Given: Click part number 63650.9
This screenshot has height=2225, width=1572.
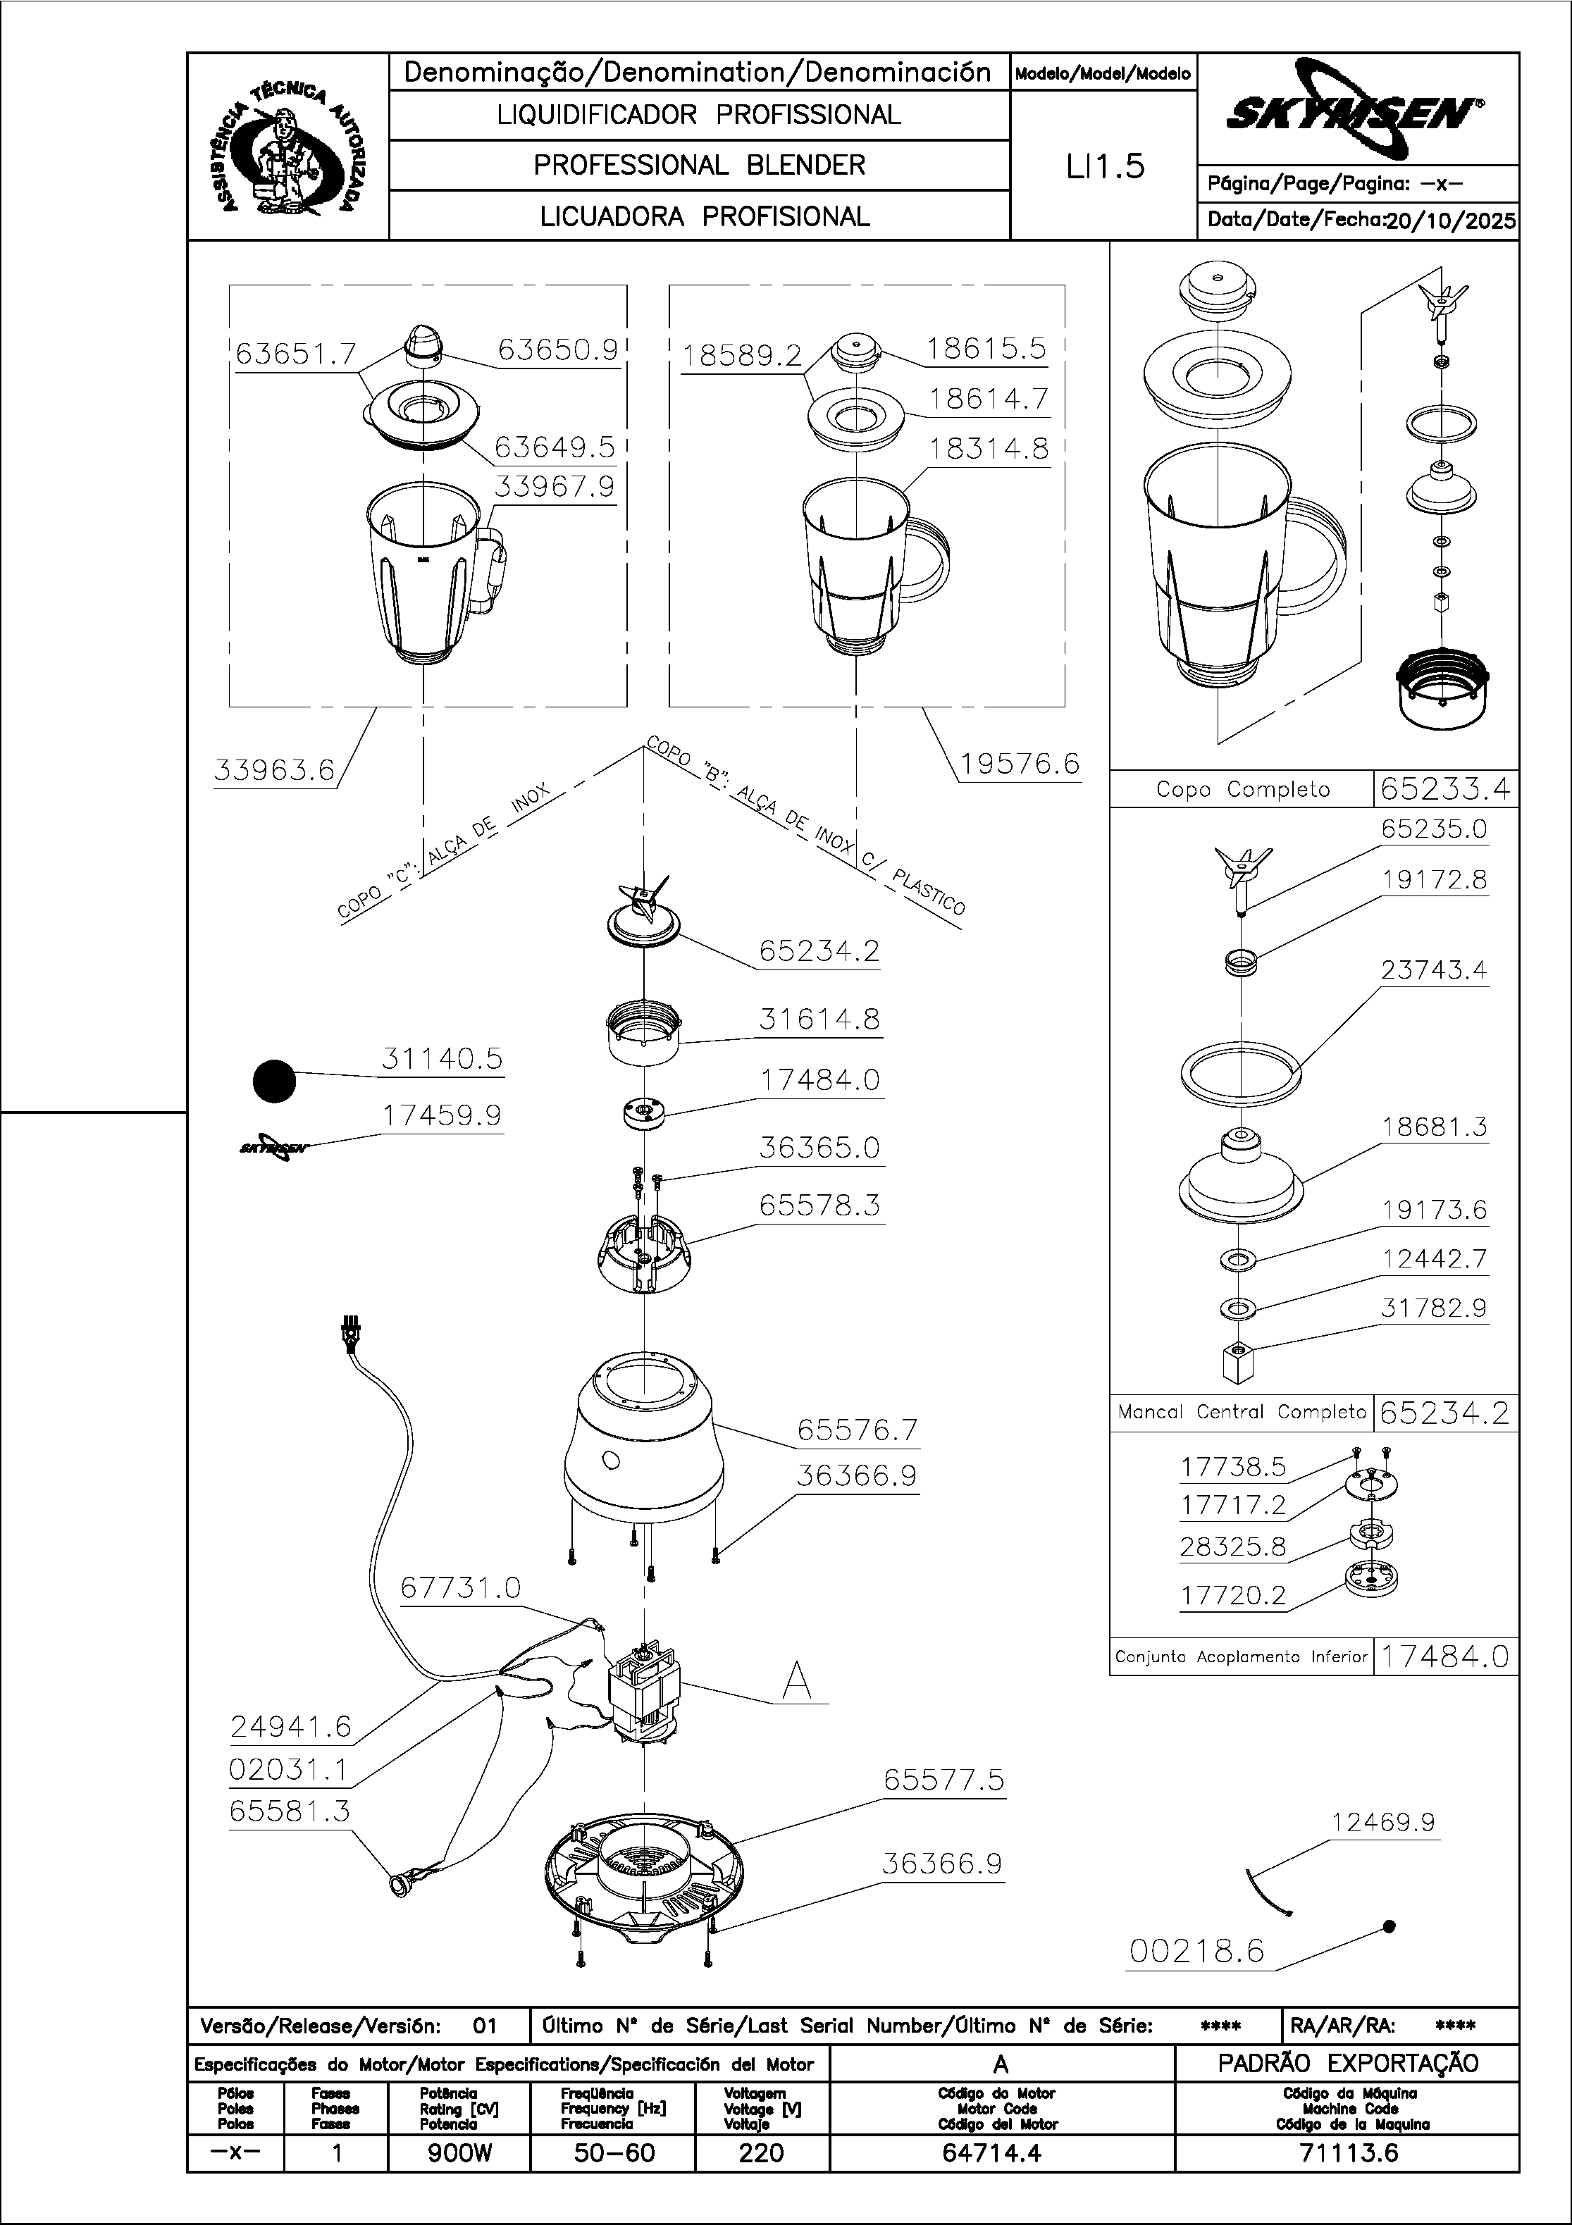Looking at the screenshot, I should tap(557, 350).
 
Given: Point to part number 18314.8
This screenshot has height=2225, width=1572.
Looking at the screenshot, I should tap(989, 449).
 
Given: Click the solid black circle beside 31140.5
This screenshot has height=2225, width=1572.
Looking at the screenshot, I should tap(274, 1081).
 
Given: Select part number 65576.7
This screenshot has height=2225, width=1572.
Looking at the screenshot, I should tap(857, 1430).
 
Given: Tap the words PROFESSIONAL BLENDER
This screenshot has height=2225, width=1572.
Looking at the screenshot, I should tap(699, 166).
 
